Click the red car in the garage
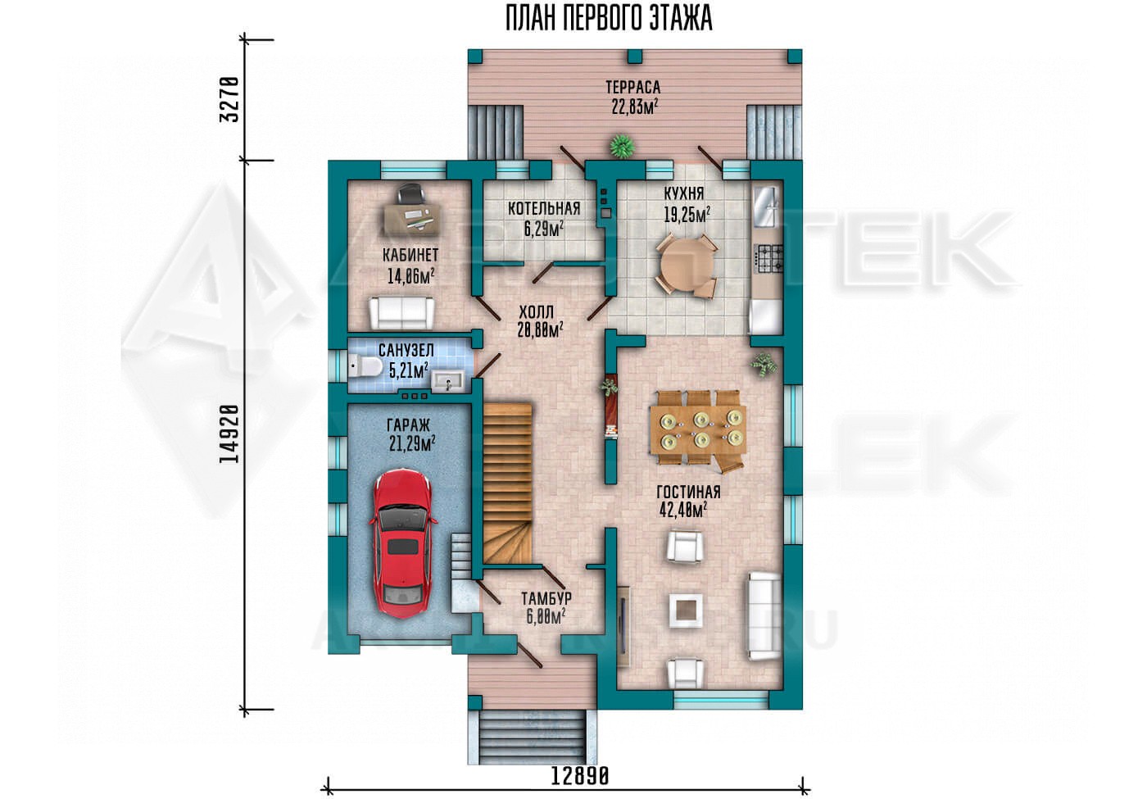click(x=402, y=542)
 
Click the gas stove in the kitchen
click(x=769, y=258)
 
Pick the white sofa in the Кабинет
click(x=401, y=313)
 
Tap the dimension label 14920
click(x=229, y=434)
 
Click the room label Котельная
click(x=544, y=208)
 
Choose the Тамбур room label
click(x=546, y=597)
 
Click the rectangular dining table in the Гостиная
click(x=698, y=429)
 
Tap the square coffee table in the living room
click(x=685, y=609)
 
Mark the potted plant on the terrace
click(x=622, y=146)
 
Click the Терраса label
click(x=632, y=87)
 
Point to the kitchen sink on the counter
click(x=767, y=206)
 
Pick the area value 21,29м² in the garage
click(x=412, y=443)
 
